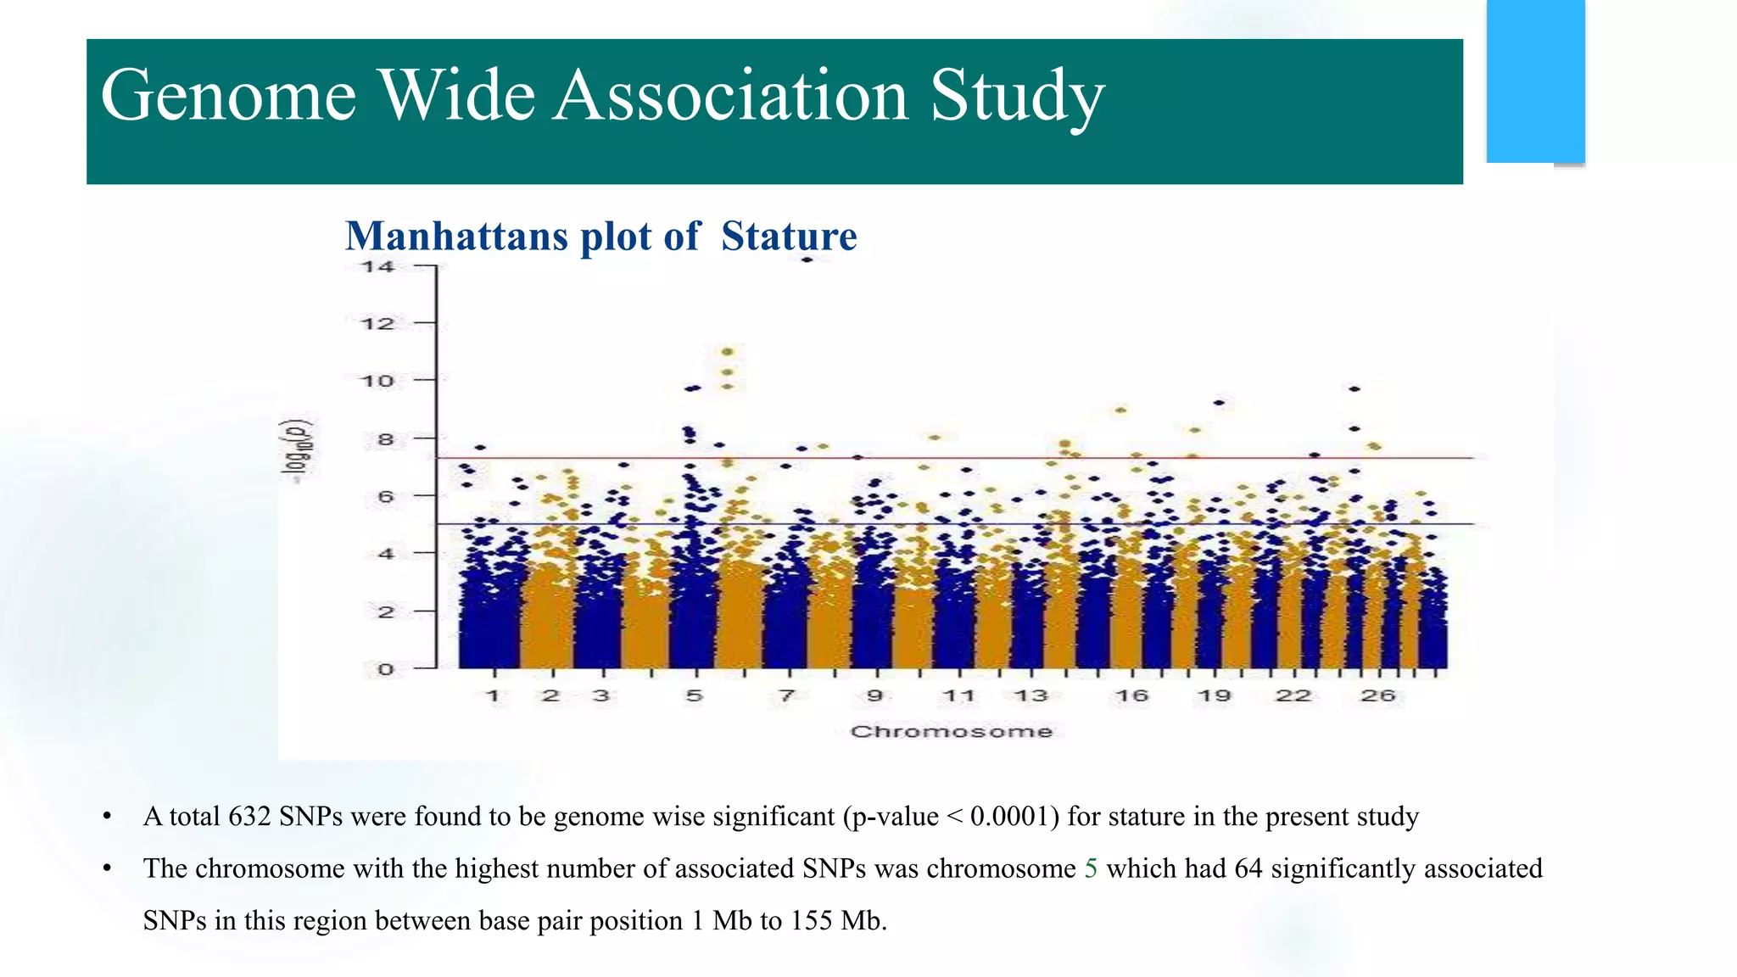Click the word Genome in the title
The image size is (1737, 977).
click(229, 95)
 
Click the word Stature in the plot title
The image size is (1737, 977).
click(789, 236)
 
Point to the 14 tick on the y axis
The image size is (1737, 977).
click(378, 267)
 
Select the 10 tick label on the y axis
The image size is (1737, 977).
click(378, 381)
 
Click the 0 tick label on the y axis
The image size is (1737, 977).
click(386, 669)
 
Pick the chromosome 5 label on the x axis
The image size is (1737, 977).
click(695, 696)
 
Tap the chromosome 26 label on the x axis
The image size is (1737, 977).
click(1377, 696)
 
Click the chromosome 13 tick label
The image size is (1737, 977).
click(1031, 696)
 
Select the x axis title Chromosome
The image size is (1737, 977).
click(952, 732)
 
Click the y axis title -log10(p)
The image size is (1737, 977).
click(299, 451)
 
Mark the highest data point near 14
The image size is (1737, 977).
click(807, 260)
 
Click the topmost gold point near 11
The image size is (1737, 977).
click(727, 352)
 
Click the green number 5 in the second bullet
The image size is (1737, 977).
click(1091, 868)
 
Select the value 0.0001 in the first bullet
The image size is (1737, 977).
click(1014, 816)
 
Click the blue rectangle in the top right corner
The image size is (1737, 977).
click(1535, 81)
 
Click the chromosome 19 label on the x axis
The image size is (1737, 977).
click(1214, 696)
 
